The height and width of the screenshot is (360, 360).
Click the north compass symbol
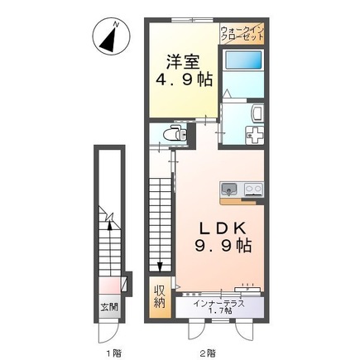pyautogui.click(x=111, y=37)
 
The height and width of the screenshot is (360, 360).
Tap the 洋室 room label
pyautogui.click(x=183, y=61)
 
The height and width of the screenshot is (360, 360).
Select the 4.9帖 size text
pyautogui.click(x=184, y=79)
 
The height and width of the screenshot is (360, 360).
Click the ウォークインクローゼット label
pyautogui.click(x=242, y=33)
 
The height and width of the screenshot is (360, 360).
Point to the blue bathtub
pyautogui.click(x=243, y=60)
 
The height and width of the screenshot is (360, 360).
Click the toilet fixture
pyautogui.click(x=175, y=133)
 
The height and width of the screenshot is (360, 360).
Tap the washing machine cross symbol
pyautogui.click(x=255, y=134)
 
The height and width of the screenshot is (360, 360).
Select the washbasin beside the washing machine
pyautogui.click(x=257, y=114)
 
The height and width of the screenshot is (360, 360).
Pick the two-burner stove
pyautogui.click(x=253, y=190)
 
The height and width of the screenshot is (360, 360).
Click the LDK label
pyautogui.click(x=223, y=228)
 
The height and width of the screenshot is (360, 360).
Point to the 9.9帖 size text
pyautogui.click(x=223, y=246)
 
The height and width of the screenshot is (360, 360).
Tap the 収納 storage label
pyautogui.click(x=160, y=297)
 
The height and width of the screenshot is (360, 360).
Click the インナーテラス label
pyautogui.click(x=218, y=304)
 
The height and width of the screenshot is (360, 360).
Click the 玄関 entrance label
pyautogui.click(x=109, y=307)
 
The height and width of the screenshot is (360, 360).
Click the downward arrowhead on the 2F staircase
pyautogui.click(x=160, y=266)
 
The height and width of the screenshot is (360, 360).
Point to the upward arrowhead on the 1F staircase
pyautogui.click(x=110, y=226)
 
